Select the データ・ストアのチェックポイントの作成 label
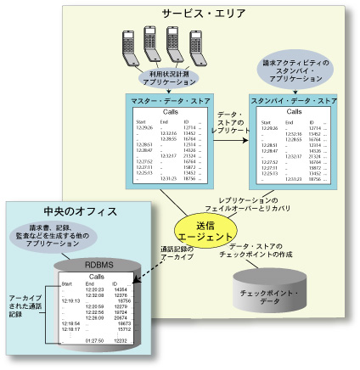(272, 249)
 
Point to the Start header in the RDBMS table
(67, 284)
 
